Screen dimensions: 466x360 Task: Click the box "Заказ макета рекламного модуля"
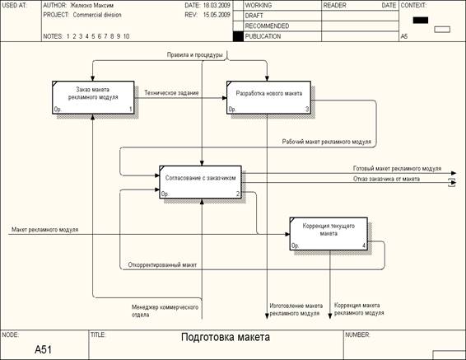coord(93,97)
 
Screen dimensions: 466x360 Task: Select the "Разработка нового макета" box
coord(268,97)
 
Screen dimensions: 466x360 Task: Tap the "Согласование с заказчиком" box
coord(200,182)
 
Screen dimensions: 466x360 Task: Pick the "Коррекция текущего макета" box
coord(329,234)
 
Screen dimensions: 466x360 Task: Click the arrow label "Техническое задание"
coord(171,93)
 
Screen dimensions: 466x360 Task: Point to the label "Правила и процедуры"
coord(194,55)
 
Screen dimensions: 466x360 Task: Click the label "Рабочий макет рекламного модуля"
coord(327,142)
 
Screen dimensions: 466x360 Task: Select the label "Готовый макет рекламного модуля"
coord(397,169)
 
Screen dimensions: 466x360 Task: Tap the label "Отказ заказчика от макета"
coord(386,179)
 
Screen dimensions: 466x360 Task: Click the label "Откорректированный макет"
coord(162,265)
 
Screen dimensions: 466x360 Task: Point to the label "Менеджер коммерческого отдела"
coord(165,311)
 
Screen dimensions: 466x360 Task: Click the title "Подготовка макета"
coord(226,338)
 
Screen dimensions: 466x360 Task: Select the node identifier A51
coord(43,349)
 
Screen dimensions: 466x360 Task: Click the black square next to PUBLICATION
coord(238,36)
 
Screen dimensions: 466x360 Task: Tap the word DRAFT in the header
coord(254,16)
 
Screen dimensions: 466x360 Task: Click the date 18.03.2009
coord(217,5)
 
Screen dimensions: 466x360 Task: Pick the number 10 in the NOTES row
coord(126,36)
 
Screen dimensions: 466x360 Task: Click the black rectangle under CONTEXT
coord(421,20)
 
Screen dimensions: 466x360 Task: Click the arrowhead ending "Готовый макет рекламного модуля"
coord(453,173)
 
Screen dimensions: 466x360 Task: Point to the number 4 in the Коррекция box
coord(364,245)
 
